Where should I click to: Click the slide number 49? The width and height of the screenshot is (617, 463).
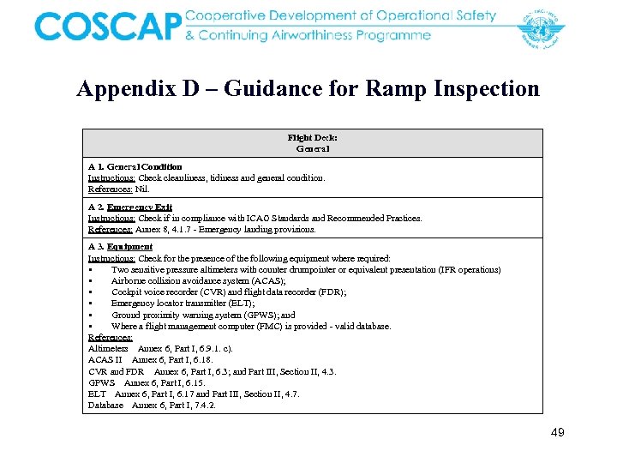(x=557, y=433)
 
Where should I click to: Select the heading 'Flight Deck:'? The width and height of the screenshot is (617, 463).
(x=312, y=137)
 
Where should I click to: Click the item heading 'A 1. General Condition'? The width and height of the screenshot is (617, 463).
(x=135, y=166)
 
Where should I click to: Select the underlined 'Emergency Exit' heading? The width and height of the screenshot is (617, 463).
(x=140, y=207)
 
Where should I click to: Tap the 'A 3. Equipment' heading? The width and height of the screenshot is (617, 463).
(x=120, y=247)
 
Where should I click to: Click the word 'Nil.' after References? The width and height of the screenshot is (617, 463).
(x=142, y=189)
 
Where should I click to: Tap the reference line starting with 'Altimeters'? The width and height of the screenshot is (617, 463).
(x=160, y=348)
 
